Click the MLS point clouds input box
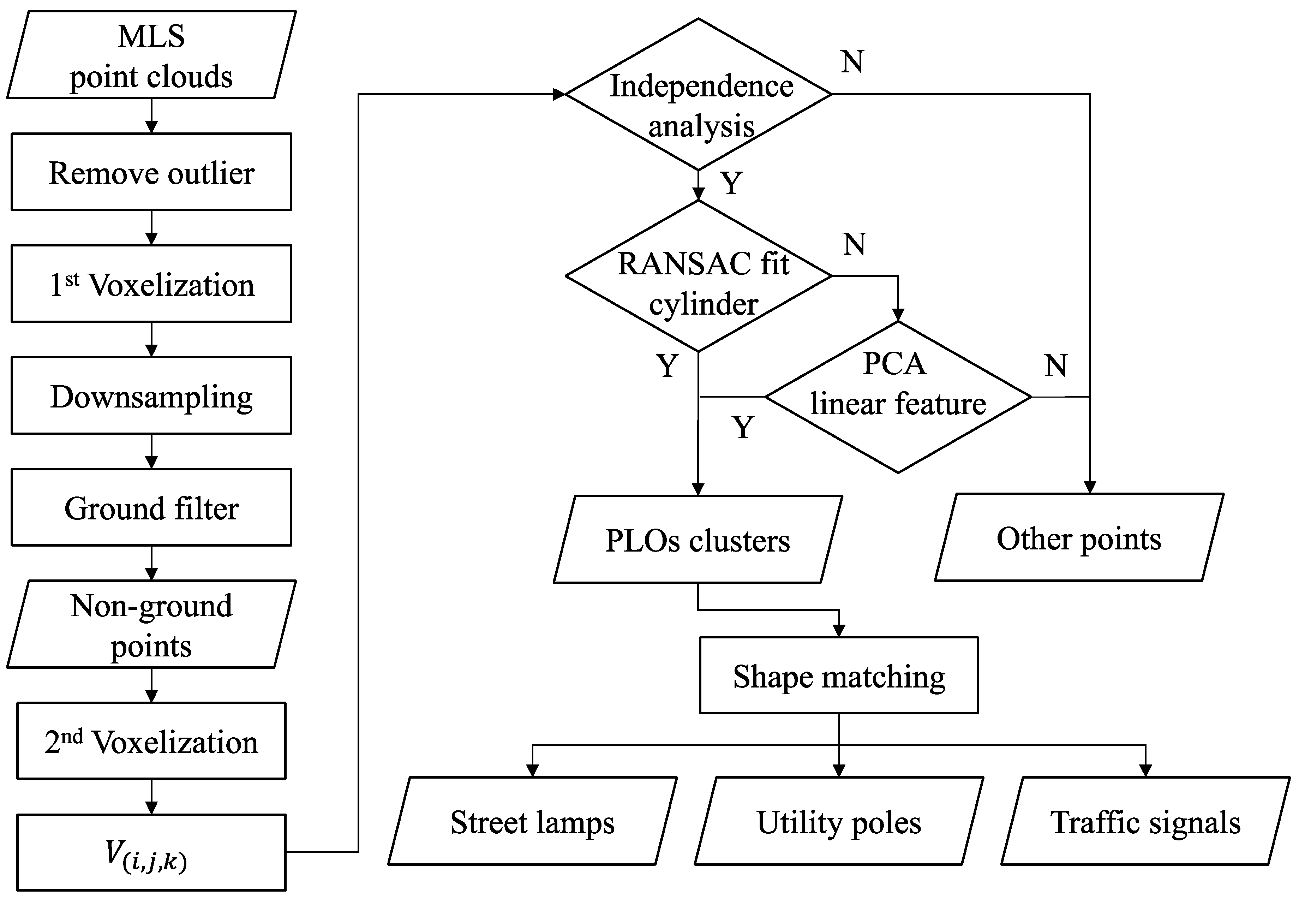click(x=151, y=55)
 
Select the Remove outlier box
click(x=151, y=172)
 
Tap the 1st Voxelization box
click(x=151, y=284)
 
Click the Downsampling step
click(x=151, y=395)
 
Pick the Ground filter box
click(x=151, y=507)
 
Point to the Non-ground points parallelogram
click(x=151, y=624)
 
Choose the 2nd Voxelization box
click(x=151, y=741)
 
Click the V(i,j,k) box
click(x=151, y=852)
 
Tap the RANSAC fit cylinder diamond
click(x=698, y=276)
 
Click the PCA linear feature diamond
click(x=898, y=397)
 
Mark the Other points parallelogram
click(x=1079, y=538)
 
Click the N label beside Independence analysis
click(x=852, y=62)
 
